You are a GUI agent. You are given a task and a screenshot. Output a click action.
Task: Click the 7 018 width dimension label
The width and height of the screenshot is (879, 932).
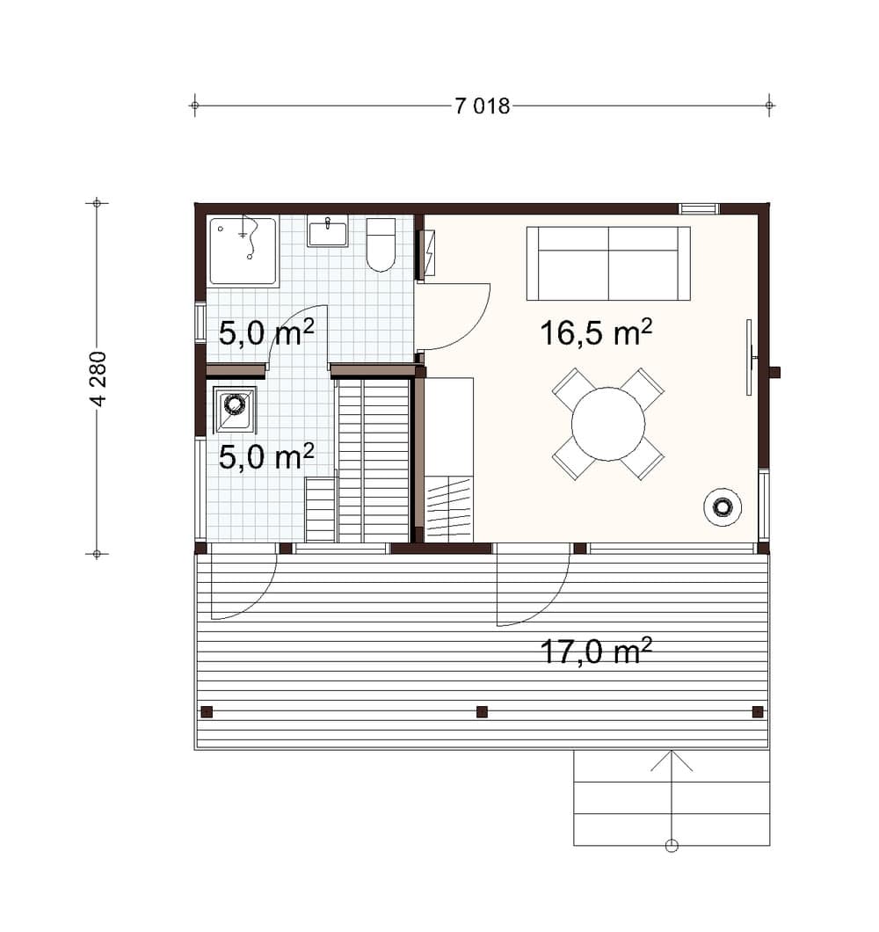pos(482,106)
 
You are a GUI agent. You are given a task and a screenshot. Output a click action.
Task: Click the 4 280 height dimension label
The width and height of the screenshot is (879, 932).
pos(98,379)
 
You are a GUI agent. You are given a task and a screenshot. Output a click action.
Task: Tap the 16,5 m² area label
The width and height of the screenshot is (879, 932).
pos(596,332)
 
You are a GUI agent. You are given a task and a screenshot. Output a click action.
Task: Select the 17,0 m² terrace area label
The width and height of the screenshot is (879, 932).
pos(596,651)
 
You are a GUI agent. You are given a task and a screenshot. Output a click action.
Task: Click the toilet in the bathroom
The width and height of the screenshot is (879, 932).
pos(381,245)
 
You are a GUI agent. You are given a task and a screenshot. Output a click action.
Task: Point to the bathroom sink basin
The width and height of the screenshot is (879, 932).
pos(328,232)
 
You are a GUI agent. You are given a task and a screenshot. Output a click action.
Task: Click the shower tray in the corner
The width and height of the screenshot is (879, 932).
pos(243,251)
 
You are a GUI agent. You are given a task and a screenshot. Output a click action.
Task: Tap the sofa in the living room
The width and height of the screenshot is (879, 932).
pos(608,263)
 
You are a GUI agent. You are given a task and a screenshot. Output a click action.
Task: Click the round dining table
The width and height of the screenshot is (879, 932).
pos(608,424)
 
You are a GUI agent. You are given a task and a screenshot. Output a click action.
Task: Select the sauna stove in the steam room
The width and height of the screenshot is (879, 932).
pos(234,410)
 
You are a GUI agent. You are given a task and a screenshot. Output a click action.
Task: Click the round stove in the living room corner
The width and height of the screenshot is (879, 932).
pos(723,507)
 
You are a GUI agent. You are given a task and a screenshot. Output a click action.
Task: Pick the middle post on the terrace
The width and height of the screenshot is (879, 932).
pos(482,711)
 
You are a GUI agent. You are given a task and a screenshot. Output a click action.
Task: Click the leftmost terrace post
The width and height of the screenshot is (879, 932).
pos(207,711)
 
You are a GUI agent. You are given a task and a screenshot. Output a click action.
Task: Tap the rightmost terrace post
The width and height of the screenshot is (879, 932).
pos(757,711)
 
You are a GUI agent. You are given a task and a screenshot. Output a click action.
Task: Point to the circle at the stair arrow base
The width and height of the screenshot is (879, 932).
pos(672,846)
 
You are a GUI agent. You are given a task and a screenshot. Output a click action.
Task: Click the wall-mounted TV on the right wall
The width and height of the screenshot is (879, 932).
pos(750,357)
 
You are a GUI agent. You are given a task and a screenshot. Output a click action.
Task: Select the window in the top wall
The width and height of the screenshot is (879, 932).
pos(700,208)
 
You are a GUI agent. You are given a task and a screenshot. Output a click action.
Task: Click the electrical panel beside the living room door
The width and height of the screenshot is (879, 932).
pos(427,254)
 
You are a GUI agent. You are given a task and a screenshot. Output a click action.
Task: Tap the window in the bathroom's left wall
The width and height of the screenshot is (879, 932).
pos(200,323)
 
